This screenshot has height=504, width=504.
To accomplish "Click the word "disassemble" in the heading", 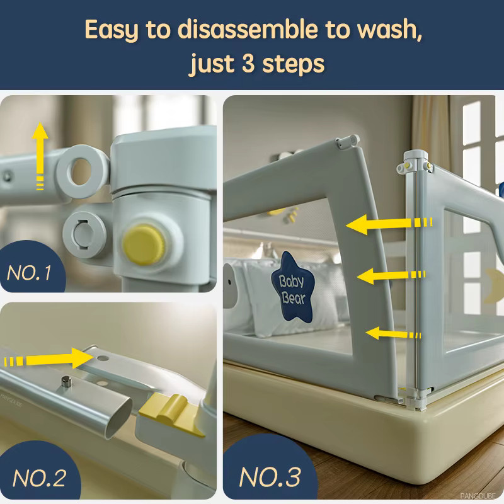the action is [x=248, y=30].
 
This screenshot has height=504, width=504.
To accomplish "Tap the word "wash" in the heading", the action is [x=389, y=30].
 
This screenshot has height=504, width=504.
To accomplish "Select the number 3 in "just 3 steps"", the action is [x=248, y=64].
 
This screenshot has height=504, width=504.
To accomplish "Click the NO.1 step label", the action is [x=29, y=273].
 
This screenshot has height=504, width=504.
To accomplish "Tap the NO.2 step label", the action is [x=39, y=478].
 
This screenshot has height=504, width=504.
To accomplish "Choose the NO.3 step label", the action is [x=270, y=477].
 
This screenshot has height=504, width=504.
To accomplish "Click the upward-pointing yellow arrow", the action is [x=40, y=156].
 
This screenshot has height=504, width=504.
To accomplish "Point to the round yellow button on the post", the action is [x=144, y=244].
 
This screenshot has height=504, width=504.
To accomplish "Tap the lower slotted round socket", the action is [x=84, y=234].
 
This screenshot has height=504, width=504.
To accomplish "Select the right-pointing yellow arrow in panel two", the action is [x=49, y=358].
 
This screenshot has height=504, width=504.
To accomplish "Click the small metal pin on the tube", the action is [x=66, y=382].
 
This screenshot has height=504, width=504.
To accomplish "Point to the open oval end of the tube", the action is [x=119, y=418].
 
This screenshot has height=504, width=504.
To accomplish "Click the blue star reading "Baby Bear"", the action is [x=292, y=289].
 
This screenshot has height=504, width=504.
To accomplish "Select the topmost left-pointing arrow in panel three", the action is [x=389, y=224].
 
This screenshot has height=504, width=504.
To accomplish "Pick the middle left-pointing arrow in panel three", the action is [x=391, y=276].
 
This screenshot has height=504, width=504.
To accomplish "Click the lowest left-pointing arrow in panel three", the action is [x=393, y=334].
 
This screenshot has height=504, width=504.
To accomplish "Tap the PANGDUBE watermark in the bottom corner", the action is [x=478, y=496].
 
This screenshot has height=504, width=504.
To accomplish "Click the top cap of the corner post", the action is [x=416, y=156].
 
